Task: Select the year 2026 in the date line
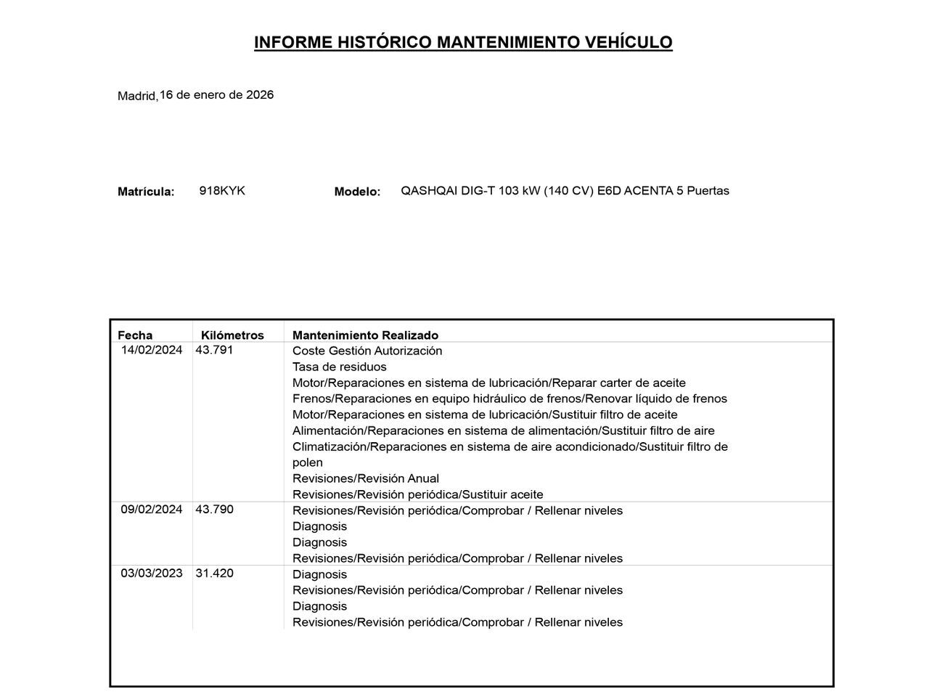click(260, 94)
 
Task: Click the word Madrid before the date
click(137, 96)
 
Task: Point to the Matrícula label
click(146, 192)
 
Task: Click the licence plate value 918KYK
click(222, 190)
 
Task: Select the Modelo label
click(357, 192)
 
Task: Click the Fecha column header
click(135, 335)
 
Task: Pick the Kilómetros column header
click(232, 335)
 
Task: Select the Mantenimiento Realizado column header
click(365, 335)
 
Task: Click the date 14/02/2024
click(152, 349)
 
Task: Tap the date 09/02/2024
click(152, 509)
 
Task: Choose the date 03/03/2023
click(152, 573)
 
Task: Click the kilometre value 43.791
click(214, 349)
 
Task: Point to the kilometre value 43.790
click(214, 509)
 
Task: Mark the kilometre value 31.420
click(214, 573)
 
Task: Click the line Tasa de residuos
click(339, 367)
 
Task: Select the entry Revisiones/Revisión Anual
click(365, 478)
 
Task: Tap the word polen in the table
click(307, 462)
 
